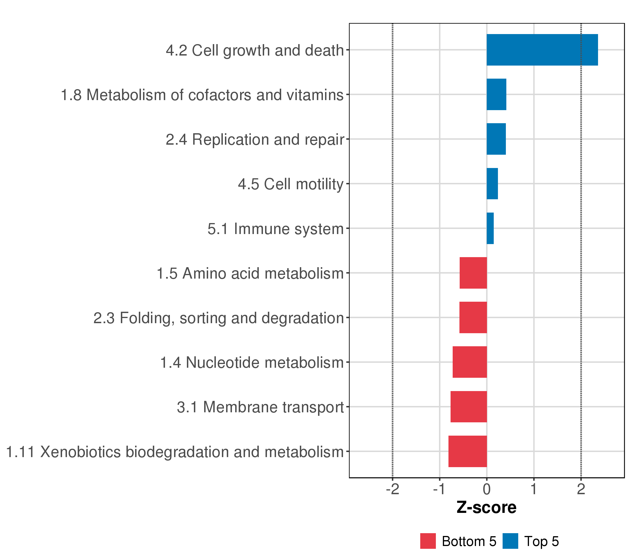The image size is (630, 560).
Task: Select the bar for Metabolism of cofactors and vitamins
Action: tap(496, 94)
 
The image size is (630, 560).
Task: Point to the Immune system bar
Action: tap(490, 228)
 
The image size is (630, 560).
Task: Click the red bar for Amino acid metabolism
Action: tap(473, 273)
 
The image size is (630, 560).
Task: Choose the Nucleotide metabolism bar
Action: tap(469, 362)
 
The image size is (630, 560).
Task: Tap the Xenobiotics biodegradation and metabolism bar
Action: tap(467, 451)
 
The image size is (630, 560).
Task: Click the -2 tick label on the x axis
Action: tap(392, 489)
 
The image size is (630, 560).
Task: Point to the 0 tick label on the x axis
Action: tap(487, 489)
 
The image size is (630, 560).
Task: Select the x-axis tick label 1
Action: tap(534, 489)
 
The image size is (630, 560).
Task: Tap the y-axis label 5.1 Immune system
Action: tap(275, 229)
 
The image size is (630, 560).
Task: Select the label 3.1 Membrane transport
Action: tap(260, 407)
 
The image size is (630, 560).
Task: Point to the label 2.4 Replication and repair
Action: tap(255, 140)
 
